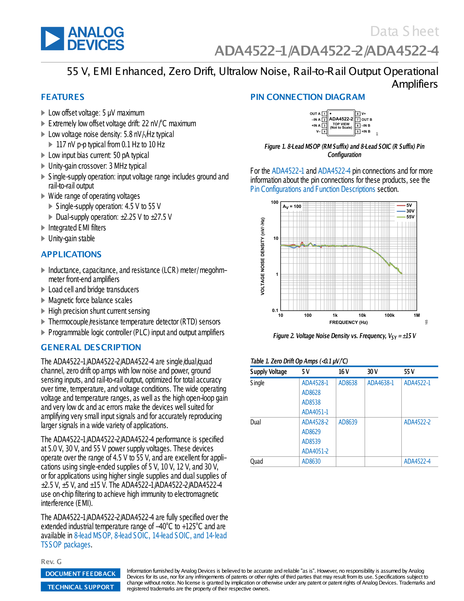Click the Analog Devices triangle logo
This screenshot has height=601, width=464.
(x=52, y=39)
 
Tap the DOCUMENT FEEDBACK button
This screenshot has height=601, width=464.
(x=80, y=573)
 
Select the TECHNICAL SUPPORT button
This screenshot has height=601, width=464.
(x=80, y=587)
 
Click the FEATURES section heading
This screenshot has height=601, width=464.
(x=63, y=97)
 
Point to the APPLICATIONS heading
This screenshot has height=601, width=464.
(x=71, y=254)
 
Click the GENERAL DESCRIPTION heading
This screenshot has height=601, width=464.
(x=91, y=347)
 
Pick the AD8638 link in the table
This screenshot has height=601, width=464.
(x=348, y=383)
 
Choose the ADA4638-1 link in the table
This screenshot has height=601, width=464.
(x=381, y=383)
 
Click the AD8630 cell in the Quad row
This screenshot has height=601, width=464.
(x=311, y=461)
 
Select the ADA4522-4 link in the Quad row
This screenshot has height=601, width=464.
(x=417, y=461)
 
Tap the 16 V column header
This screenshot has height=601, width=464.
(x=344, y=372)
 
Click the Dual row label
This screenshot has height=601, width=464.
(x=256, y=422)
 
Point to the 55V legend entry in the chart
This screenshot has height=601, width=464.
(x=410, y=217)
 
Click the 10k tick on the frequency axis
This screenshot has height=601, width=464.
(x=362, y=315)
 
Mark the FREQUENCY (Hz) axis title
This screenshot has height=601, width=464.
(x=348, y=322)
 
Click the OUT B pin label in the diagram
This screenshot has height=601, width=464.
(x=367, y=120)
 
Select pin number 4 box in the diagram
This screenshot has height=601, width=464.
(x=324, y=131)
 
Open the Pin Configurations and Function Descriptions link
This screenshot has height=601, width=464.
(x=313, y=189)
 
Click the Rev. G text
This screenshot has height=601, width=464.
(x=51, y=562)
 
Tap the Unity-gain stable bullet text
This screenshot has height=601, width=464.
(x=72, y=239)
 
